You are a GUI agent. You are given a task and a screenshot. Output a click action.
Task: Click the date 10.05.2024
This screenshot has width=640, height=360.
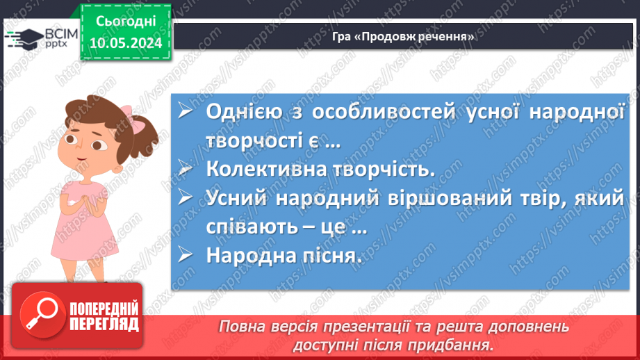tap(125, 43)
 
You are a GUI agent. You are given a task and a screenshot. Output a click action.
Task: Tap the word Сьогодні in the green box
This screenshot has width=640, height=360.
tap(125, 22)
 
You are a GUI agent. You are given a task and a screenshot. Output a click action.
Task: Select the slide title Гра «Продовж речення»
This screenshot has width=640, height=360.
tap(403, 37)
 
